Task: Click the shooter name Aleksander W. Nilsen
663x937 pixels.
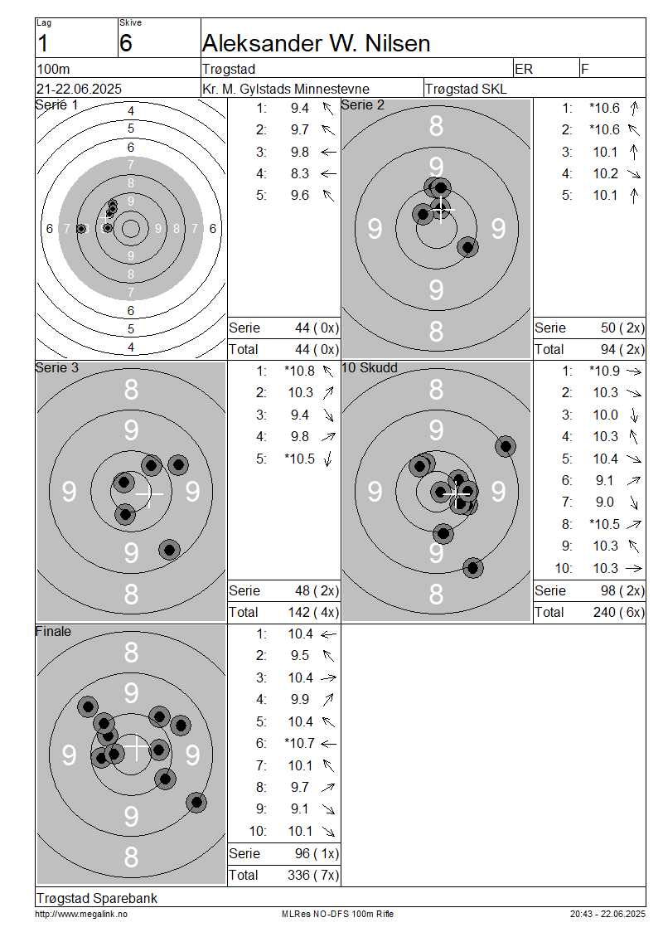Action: coord(316,44)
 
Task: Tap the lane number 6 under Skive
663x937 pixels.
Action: coord(125,44)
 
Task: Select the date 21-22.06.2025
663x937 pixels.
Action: coord(79,89)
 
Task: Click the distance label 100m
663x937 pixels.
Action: coord(53,70)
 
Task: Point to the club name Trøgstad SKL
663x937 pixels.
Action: coord(466,89)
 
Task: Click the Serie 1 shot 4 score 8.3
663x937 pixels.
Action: coord(300,174)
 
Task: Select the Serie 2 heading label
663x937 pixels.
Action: coord(362,105)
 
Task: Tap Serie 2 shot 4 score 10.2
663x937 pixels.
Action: coord(605,174)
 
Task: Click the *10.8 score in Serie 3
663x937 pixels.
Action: coord(299,371)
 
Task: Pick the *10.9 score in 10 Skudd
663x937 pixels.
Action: coord(603,371)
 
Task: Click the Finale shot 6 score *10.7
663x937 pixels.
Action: coord(299,744)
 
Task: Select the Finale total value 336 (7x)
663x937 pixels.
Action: coord(313,876)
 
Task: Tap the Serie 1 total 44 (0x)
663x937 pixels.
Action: coord(317,350)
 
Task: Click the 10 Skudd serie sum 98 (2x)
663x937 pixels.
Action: coord(622,591)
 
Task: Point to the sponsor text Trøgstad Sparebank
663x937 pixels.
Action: coord(97,898)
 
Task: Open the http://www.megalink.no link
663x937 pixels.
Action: coord(81,915)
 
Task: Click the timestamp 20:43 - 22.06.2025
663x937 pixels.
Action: coord(607,915)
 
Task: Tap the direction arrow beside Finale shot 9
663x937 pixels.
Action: coord(328,809)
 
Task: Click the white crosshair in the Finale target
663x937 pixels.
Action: coord(136,748)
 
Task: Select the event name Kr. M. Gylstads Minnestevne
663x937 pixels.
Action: coord(286,89)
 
